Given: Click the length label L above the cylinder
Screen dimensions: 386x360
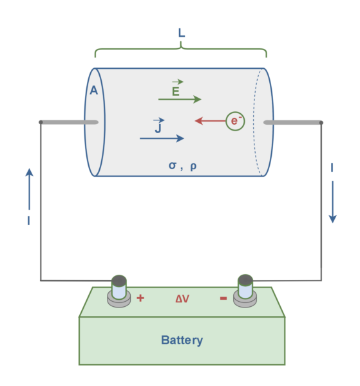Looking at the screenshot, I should click(181, 32).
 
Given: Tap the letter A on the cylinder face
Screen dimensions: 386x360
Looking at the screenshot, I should click(93, 91).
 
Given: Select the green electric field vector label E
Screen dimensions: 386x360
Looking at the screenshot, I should click(176, 90).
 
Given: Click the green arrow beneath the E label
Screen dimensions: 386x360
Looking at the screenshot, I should click(180, 100).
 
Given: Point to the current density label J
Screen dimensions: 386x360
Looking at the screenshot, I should click(158, 127).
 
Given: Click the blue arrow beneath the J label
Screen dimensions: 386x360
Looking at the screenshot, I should click(162, 138).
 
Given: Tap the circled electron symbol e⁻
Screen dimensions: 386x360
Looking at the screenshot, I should click(235, 120).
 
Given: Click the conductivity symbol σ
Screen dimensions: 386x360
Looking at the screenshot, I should click(172, 165).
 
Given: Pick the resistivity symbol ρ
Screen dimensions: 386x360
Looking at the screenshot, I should click(193, 166).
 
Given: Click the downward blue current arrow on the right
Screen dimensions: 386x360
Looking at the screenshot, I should click(332, 207).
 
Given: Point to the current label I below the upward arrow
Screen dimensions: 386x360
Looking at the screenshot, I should click(28, 221).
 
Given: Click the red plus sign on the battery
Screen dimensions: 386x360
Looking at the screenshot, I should click(140, 299).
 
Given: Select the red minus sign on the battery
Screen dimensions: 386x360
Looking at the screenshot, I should click(223, 299).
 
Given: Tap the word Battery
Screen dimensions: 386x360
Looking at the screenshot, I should click(182, 340).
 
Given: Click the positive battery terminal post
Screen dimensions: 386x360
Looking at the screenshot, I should click(118, 289).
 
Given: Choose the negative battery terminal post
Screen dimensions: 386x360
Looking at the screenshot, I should click(245, 289).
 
